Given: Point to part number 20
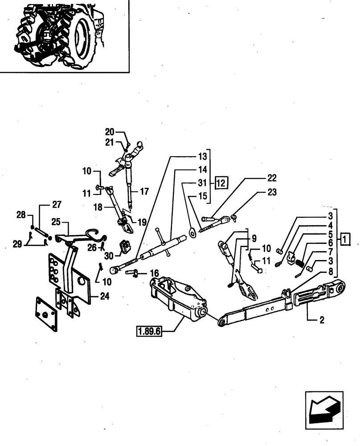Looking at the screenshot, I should (x=110, y=132).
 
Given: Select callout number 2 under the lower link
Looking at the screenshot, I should (x=322, y=320).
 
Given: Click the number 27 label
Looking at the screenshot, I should (x=56, y=205).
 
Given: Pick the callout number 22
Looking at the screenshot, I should (x=271, y=178).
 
